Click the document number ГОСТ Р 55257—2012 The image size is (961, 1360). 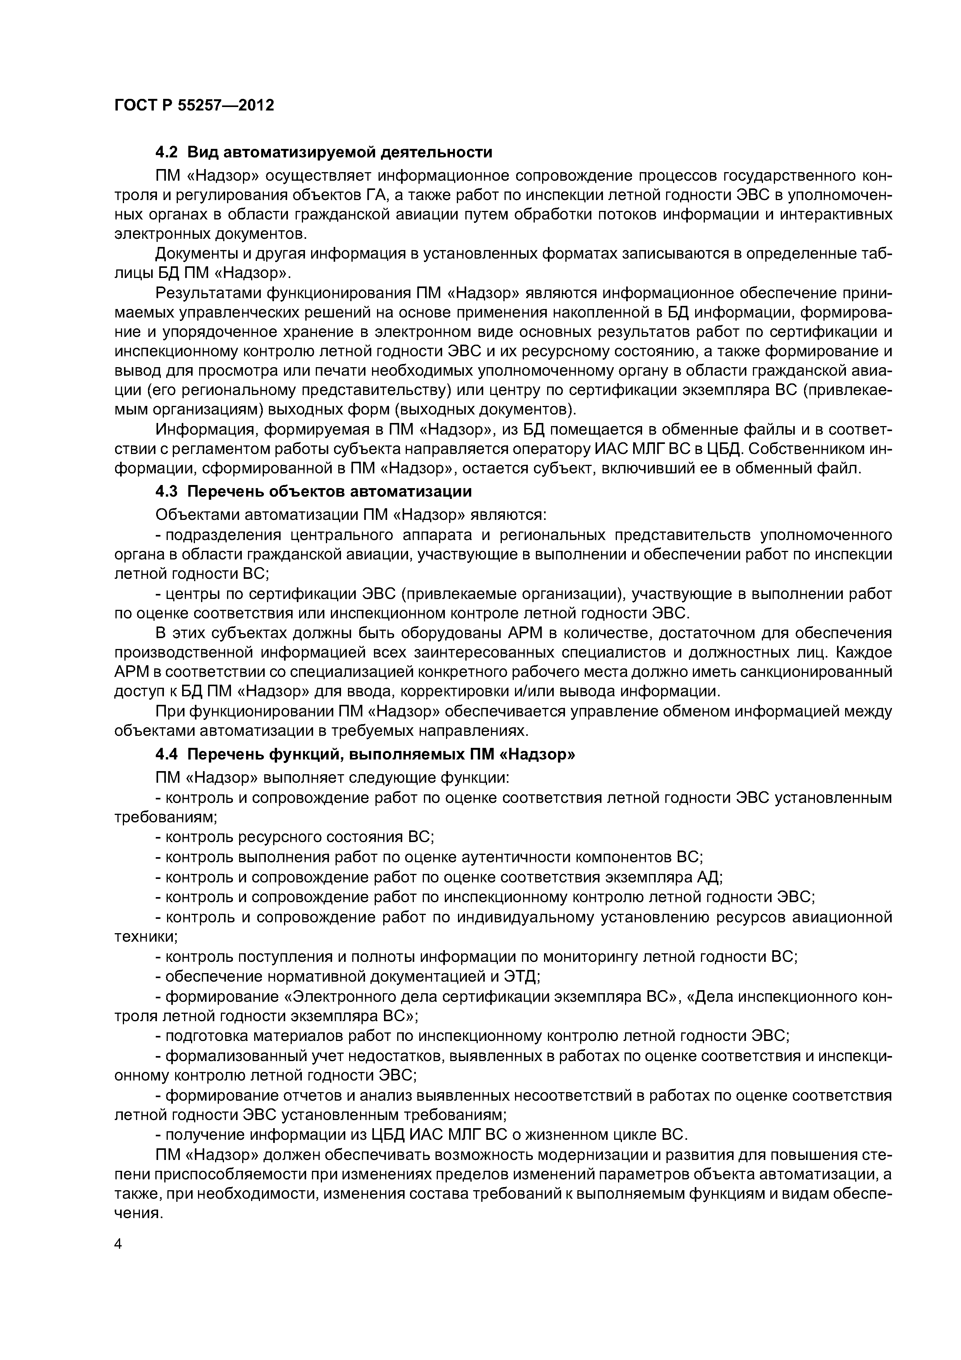pos(194,106)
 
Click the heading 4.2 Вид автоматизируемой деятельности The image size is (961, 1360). pos(323,152)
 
